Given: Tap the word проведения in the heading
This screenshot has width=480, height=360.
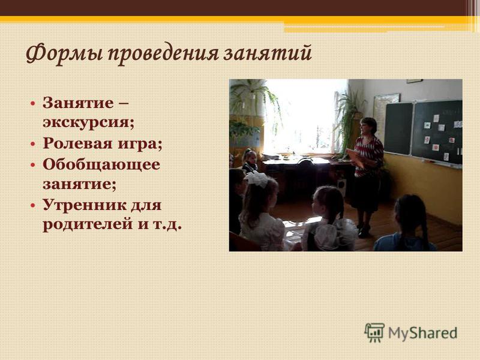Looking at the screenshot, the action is tap(162, 54).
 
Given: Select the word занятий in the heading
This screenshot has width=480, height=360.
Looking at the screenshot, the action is tap(267, 53).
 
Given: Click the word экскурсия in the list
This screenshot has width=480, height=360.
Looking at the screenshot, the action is tap(88, 122).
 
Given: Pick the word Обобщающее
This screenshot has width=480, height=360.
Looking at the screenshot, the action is tap(101, 164).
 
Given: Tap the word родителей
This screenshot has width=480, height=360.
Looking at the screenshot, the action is tap(88, 224).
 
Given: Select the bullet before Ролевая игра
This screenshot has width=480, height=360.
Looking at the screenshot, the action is tap(33, 144).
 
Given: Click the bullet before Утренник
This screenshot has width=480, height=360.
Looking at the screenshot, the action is tap(33, 205).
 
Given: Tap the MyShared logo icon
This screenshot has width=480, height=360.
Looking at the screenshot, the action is tap(374, 332).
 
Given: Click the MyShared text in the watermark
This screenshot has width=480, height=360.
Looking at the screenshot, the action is tap(423, 333).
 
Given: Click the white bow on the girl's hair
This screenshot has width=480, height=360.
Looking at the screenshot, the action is tap(258, 178).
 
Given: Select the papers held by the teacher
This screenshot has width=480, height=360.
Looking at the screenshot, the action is tap(355, 157).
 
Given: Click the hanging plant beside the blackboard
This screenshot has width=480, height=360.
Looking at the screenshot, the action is tap(350, 119).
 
